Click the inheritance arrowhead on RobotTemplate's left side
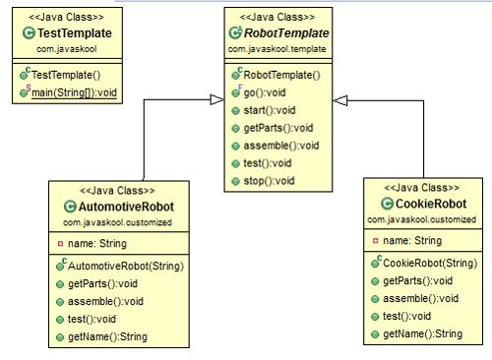point(216,96)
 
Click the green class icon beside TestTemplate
point(29,32)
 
